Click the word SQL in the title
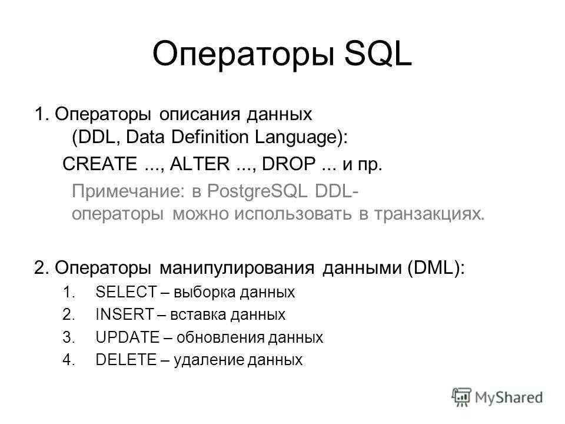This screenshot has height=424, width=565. click(378, 54)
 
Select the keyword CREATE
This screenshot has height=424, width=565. click(100, 164)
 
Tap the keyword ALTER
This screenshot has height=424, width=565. click(200, 164)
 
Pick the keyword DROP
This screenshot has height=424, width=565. click(289, 164)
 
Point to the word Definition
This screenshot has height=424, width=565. click(210, 137)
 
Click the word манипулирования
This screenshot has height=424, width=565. click(237, 269)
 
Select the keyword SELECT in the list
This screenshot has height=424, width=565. click(127, 291)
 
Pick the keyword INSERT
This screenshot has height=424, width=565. click(125, 314)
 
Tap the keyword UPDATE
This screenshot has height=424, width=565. click(128, 337)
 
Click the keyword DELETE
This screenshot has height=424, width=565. click(126, 360)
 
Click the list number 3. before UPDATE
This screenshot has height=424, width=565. click(68, 337)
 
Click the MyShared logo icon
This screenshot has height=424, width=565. click(461, 397)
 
